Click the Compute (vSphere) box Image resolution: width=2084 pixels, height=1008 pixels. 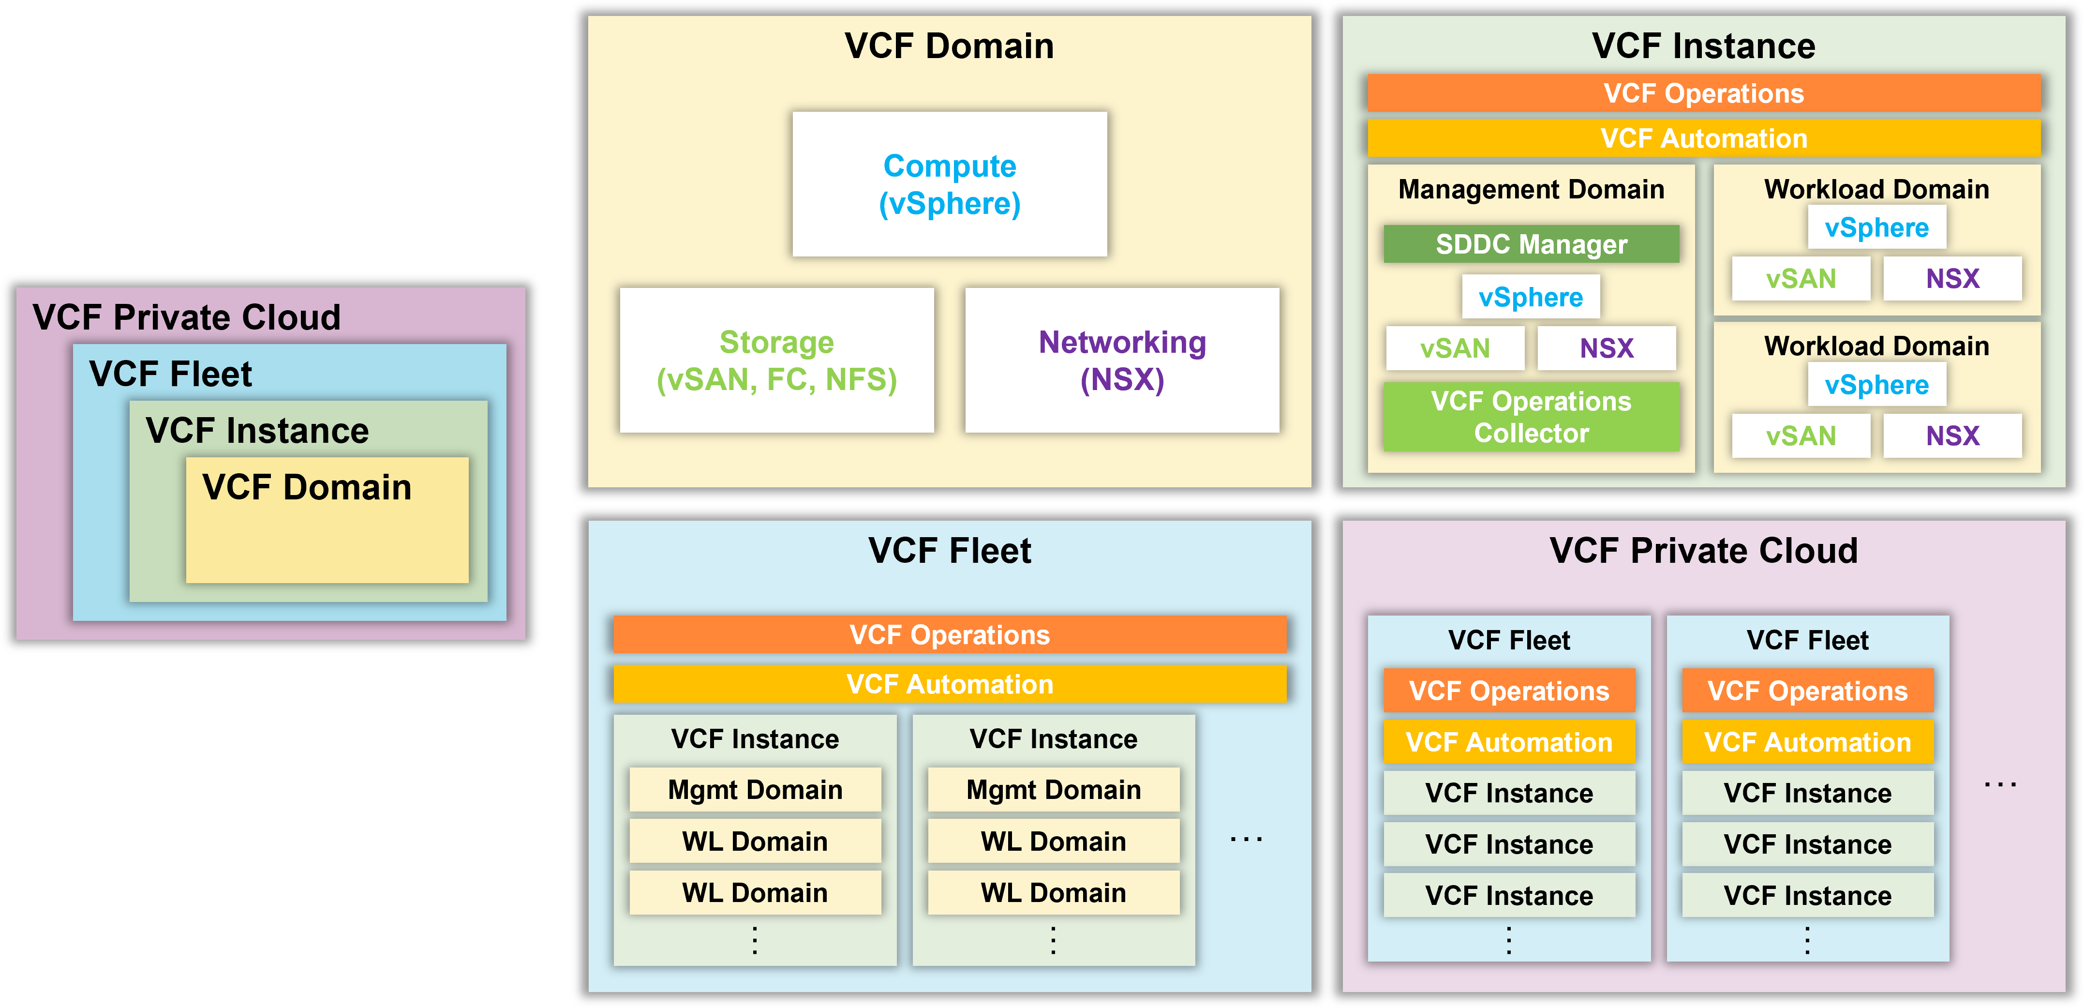click(x=949, y=184)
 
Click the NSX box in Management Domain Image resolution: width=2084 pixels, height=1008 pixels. click(x=1607, y=348)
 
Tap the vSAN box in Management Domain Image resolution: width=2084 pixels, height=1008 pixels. click(x=1455, y=348)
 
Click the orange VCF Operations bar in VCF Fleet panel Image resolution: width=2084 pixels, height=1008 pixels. click(x=949, y=635)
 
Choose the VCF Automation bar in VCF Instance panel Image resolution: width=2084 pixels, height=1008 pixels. click(x=1704, y=138)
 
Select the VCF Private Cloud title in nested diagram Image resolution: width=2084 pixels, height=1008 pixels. click(x=187, y=317)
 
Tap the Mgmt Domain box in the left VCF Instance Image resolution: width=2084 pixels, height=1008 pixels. click(x=755, y=790)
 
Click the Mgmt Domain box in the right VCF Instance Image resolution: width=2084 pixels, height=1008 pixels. click(x=1053, y=790)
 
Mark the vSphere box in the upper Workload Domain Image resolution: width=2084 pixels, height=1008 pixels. click(x=1877, y=227)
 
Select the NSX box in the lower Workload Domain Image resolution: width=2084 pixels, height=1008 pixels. click(x=1952, y=436)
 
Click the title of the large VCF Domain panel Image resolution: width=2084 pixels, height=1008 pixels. click(x=949, y=46)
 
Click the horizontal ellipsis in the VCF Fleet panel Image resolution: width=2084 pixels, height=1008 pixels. click(x=1246, y=840)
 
